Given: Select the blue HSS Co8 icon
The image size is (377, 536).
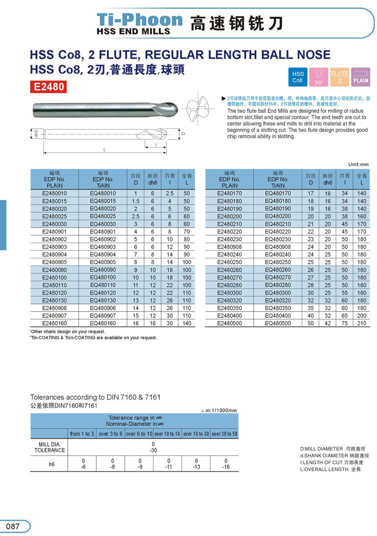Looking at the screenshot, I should click(x=298, y=77).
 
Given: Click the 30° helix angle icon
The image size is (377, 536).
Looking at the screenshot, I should click(x=319, y=76).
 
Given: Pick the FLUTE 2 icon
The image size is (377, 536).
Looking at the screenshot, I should click(x=340, y=77).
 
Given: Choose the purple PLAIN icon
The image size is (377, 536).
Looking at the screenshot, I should click(x=361, y=76).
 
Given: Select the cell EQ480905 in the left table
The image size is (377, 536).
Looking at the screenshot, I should click(x=103, y=262).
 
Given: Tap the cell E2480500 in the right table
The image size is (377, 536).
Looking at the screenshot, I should click(x=230, y=323).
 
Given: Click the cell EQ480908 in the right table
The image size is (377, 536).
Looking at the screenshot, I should click(x=277, y=247).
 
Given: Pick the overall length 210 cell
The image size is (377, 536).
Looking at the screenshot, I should click(x=362, y=323).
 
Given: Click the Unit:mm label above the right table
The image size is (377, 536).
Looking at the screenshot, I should click(x=358, y=164).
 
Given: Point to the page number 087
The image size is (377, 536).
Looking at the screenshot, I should click(x=13, y=526).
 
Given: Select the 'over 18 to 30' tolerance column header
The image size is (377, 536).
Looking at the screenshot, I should click(x=196, y=434).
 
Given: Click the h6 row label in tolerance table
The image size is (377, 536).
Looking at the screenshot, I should click(x=51, y=464).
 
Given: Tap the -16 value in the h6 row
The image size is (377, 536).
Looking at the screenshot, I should click(x=226, y=467).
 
